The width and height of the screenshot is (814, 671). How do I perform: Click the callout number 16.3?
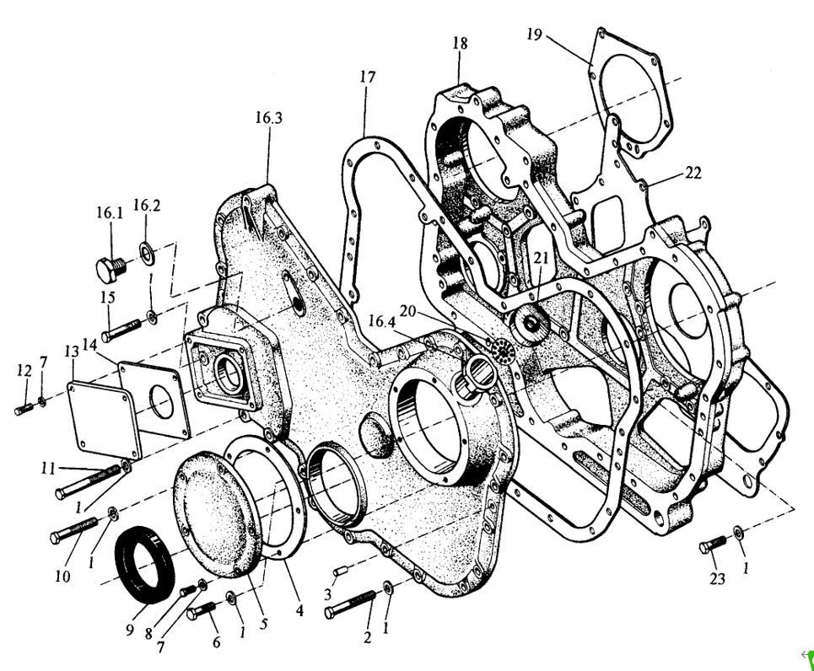pos(268,118)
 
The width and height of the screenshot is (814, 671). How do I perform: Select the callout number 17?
pos(367,77)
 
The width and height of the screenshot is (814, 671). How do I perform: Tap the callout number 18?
pos(460,43)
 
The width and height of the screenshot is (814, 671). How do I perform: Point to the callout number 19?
pos(533,35)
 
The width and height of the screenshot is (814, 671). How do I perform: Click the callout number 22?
pos(693,172)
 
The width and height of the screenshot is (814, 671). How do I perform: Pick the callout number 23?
pos(718,578)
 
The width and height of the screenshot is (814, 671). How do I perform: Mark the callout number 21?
pos(540,258)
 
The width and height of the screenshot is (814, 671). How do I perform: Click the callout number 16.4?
pos(381,321)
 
